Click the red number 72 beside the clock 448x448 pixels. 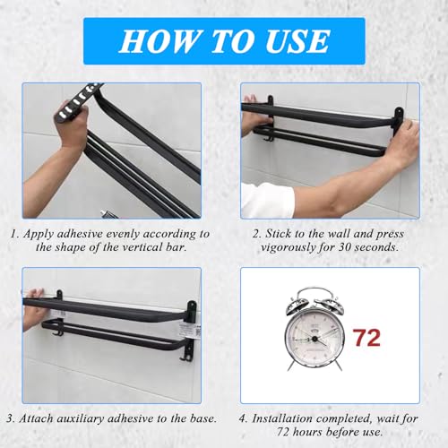click(x=367, y=338)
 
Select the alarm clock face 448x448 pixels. click(x=314, y=339)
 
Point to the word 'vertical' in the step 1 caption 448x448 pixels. click(x=136, y=247)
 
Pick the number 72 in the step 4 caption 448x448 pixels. click(x=283, y=432)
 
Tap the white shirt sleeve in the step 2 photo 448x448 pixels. click(x=267, y=200)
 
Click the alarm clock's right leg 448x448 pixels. click(x=338, y=364)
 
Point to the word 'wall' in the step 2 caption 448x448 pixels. click(x=339, y=234)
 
